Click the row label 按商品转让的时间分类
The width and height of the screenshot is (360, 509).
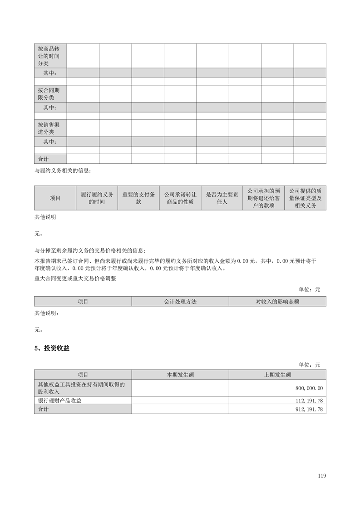(50, 56)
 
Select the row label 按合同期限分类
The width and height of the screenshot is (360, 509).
(50, 93)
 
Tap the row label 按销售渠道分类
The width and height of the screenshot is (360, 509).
(50, 128)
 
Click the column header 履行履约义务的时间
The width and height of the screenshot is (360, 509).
(97, 198)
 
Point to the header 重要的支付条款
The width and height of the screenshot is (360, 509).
(138, 198)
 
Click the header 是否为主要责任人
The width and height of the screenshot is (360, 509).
(222, 198)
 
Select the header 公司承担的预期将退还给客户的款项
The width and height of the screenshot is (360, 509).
(264, 198)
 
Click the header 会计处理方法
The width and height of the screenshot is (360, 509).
(180, 301)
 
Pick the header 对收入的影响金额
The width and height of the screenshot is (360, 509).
(277, 301)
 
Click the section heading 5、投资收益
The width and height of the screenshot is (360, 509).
(52, 348)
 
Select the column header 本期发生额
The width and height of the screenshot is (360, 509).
(180, 375)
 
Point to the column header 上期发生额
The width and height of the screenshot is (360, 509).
(277, 375)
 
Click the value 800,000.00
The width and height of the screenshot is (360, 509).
(309, 388)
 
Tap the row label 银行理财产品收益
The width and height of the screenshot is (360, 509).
(60, 401)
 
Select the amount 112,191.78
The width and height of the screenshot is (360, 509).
(309, 401)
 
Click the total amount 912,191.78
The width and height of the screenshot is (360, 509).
(309, 409)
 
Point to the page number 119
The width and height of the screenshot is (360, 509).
(322, 476)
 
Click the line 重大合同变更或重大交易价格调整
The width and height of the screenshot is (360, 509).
(75, 279)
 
